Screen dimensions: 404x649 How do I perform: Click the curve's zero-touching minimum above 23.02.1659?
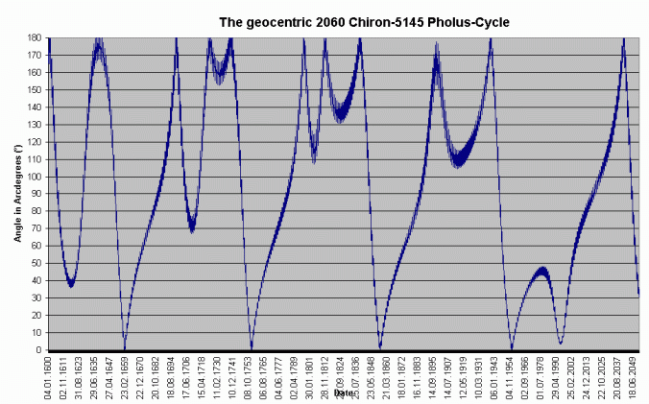pos(124,347)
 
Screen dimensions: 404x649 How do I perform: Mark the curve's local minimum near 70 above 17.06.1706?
pos(192,227)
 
